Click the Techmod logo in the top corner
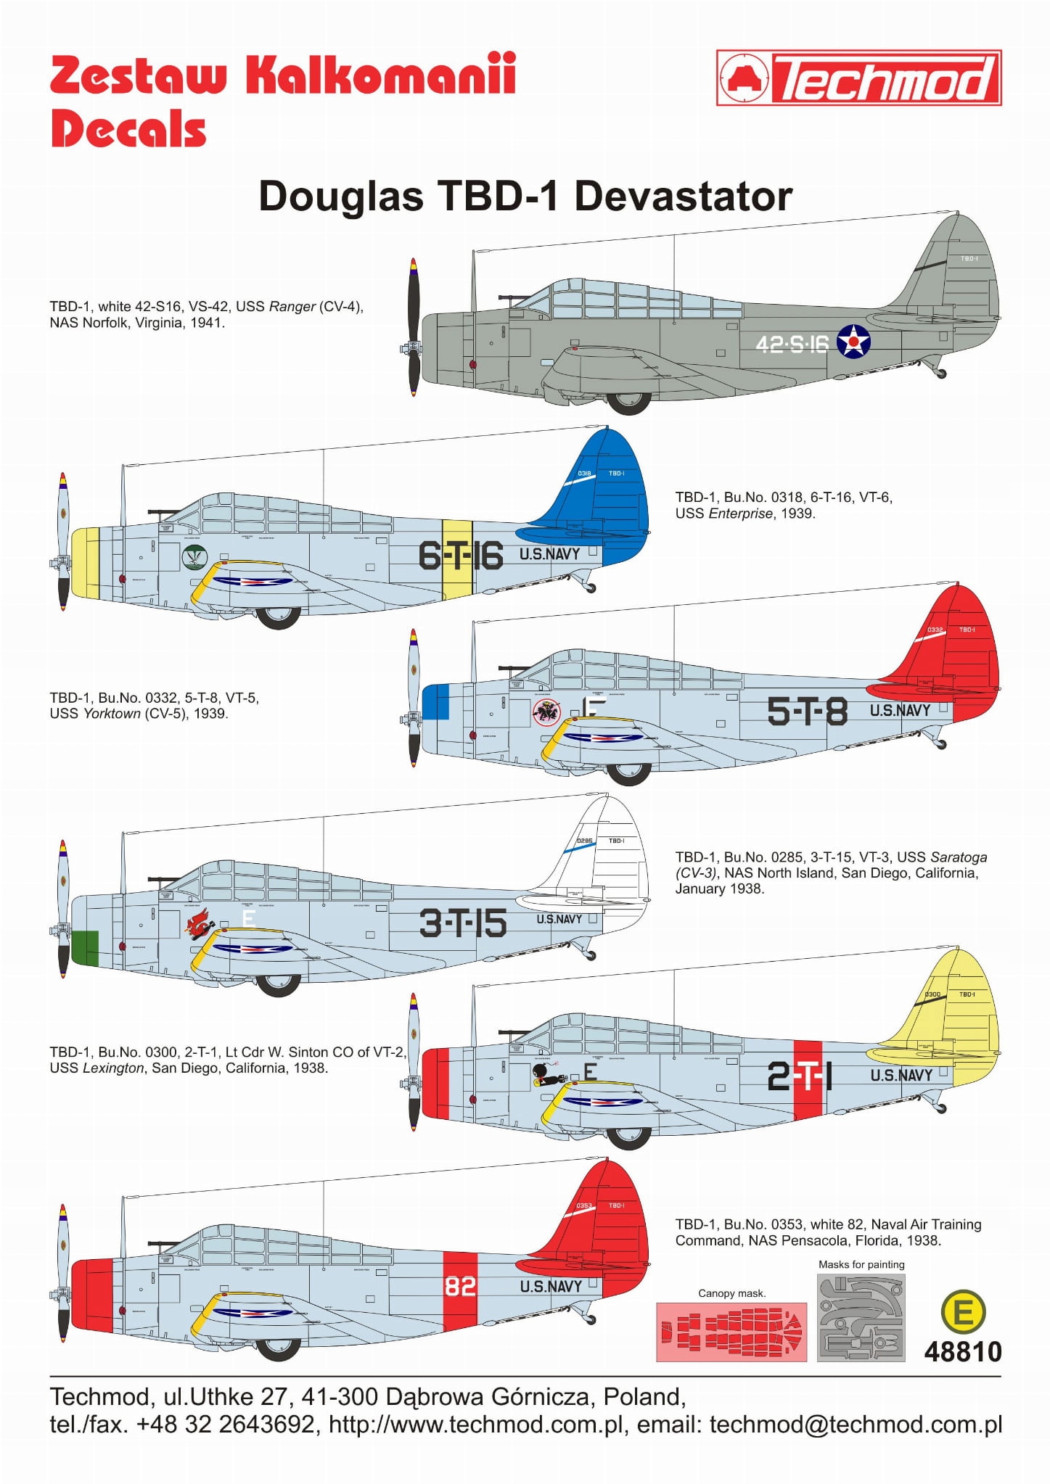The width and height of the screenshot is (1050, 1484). coord(858,78)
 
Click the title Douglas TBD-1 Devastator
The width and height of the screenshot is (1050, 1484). coord(525,196)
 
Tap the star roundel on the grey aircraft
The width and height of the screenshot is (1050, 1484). coord(853,341)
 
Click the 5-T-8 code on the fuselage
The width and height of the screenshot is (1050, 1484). coord(807,711)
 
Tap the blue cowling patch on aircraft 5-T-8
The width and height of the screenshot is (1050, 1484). coord(435,701)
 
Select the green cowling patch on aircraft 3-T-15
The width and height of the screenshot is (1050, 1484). coord(85,947)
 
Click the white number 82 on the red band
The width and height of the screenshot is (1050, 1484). coord(460,1286)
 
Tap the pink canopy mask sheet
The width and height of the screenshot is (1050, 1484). coord(731,1332)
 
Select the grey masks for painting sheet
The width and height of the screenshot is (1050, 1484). coord(861,1317)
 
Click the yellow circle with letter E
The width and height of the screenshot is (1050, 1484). coord(963,1312)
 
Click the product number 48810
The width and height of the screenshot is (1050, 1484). coord(963,1352)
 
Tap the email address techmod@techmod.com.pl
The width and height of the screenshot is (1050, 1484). coord(856,1425)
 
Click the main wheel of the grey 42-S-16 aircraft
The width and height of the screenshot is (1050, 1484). coord(628,400)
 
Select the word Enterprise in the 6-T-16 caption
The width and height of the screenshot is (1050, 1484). coord(741,514)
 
